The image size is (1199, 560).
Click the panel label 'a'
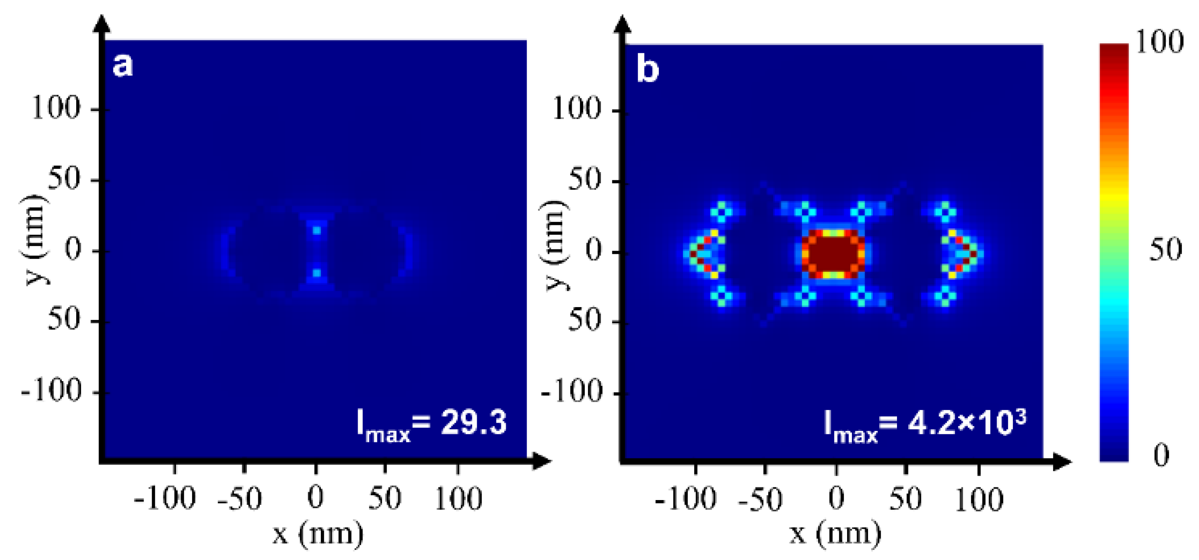123,65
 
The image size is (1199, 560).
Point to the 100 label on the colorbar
1159,43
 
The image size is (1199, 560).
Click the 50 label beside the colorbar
1165,250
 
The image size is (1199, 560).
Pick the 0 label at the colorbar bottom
1161,455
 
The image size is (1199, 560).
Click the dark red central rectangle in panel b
833,253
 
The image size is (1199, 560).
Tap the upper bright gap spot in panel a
317,230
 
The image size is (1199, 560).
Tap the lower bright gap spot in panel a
317,273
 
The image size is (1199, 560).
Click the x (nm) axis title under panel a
317,533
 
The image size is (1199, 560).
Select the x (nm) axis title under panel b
836,533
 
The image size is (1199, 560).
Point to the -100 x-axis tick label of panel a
164,499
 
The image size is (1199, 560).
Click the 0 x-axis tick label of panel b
837,499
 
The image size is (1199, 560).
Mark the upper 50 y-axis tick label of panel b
584,180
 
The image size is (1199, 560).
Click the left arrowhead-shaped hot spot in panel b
700,254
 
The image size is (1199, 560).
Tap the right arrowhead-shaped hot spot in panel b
966,254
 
